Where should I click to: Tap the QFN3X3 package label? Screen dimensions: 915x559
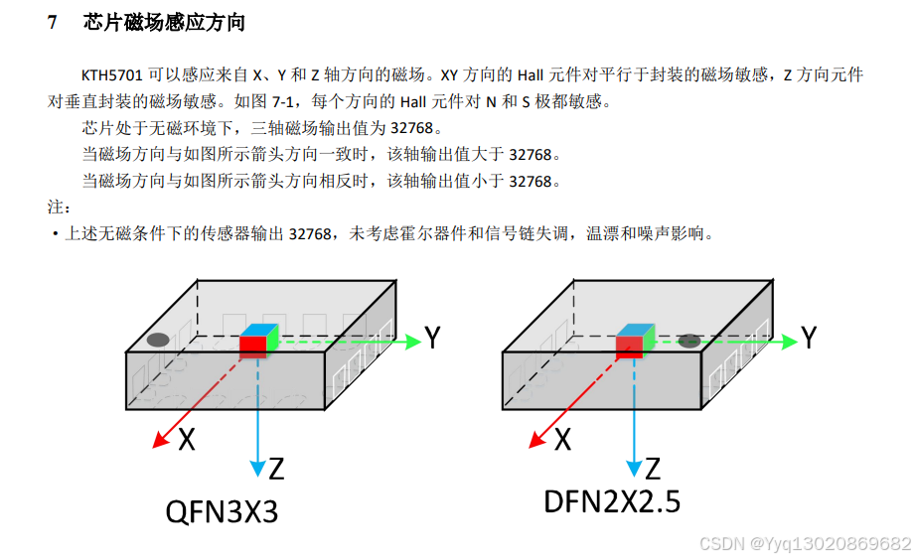[x=221, y=512]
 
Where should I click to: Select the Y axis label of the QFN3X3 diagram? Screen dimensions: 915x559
[x=432, y=338]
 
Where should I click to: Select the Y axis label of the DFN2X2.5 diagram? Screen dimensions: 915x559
[x=810, y=338]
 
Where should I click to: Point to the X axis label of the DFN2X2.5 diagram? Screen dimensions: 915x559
[x=562, y=439]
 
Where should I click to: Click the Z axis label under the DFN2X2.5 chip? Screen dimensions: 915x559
[x=653, y=468]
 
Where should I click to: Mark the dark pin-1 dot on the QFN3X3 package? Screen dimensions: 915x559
[x=158, y=340]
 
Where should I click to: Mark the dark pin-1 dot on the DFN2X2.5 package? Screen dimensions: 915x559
[x=688, y=341]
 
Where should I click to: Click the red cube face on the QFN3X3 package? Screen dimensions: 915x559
[x=252, y=346]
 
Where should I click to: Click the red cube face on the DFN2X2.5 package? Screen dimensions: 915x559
[x=628, y=346]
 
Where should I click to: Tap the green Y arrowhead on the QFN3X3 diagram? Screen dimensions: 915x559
[x=413, y=342]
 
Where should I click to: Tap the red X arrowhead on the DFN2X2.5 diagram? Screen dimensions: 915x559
[x=537, y=438]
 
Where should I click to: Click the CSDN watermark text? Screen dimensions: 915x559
[x=805, y=544]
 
